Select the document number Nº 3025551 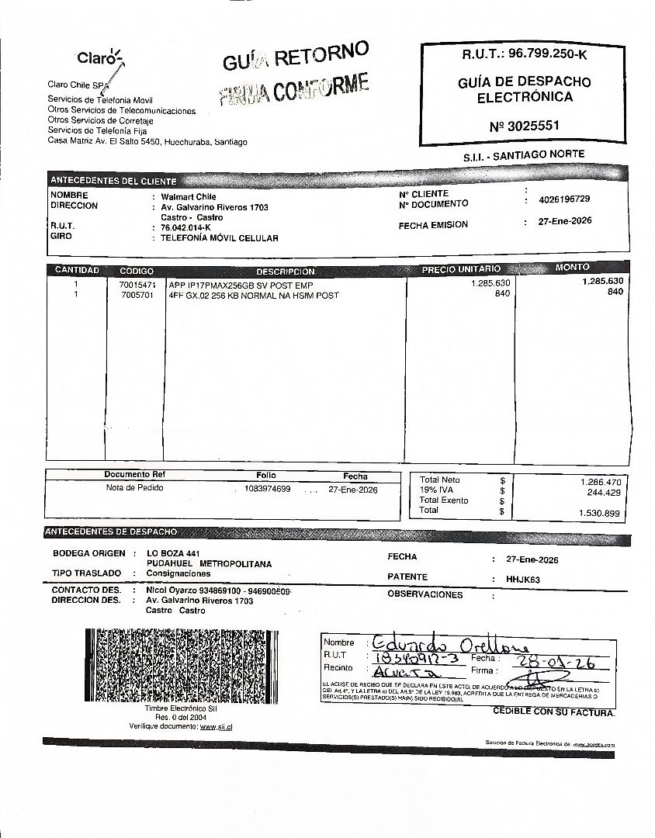[525, 126]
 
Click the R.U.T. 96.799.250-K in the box [525, 54]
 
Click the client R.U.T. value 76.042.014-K [186, 227]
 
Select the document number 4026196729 [564, 199]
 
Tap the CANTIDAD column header [77, 271]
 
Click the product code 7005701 [137, 296]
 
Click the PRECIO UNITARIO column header [461, 269]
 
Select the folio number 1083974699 [267, 489]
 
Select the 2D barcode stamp [180, 665]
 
